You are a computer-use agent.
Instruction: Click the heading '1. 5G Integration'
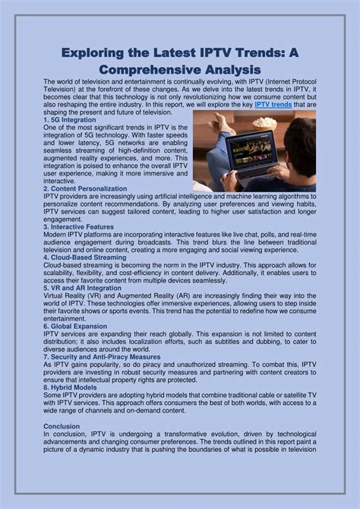click(x=71, y=120)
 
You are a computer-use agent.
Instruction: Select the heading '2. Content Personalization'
click(x=86, y=188)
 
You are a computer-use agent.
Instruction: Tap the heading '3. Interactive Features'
click(x=80, y=226)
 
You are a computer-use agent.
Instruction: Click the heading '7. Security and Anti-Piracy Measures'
click(x=101, y=356)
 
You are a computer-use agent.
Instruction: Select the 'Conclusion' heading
click(x=62, y=426)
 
